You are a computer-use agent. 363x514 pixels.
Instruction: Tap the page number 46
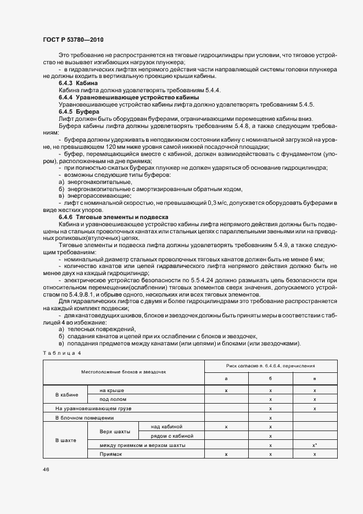click(44, 470)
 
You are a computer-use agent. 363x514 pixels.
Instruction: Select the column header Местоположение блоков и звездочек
click(124, 372)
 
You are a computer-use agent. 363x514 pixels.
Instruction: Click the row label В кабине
click(67, 395)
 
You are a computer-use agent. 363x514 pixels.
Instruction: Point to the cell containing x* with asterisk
click(315, 445)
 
